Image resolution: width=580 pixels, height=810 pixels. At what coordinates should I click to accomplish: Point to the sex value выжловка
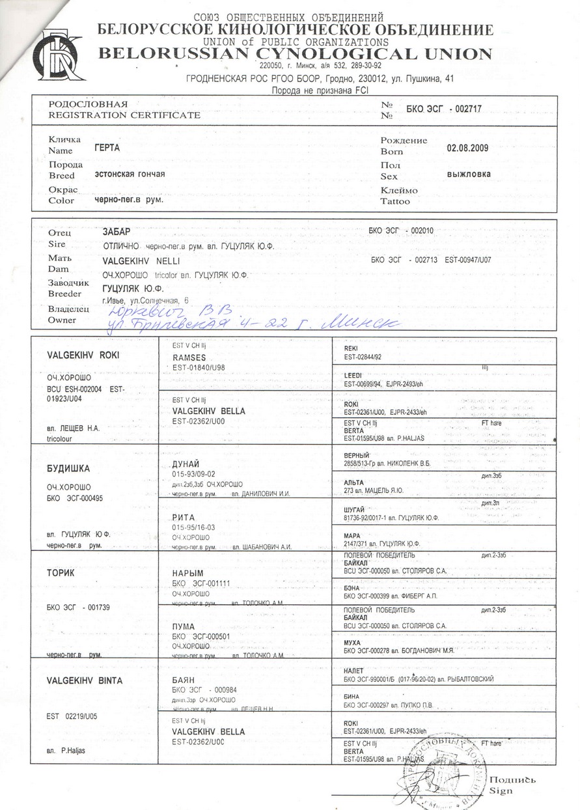[469, 175]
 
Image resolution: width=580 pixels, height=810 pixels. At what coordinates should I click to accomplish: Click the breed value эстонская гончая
[130, 174]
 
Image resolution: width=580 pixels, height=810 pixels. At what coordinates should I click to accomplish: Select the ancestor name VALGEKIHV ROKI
[83, 356]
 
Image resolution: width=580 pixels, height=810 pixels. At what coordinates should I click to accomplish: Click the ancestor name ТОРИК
[61, 573]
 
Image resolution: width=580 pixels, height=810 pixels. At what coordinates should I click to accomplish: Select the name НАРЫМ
[185, 572]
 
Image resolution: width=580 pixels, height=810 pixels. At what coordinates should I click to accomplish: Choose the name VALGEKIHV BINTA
[84, 680]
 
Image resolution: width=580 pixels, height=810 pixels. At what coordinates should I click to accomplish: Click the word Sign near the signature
[502, 790]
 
